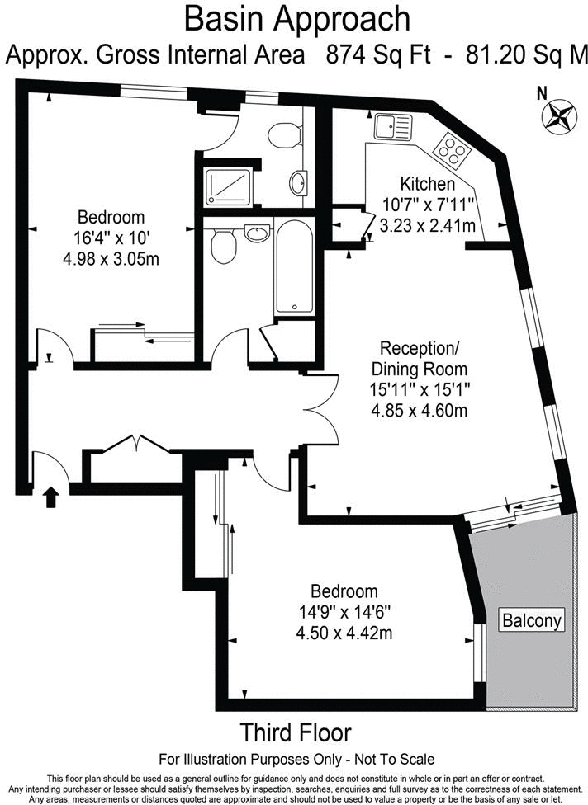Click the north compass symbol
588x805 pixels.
559,115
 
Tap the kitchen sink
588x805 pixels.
392,127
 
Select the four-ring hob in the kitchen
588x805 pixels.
452,148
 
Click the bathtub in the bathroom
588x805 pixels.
294,267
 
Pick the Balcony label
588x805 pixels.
533,620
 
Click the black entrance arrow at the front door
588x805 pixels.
51,497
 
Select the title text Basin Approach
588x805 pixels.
297,18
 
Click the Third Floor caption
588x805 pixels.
295,732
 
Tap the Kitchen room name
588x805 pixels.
427,184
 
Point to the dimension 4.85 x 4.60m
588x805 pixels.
419,409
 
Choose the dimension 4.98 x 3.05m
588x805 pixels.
111,258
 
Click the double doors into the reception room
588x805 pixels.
325,409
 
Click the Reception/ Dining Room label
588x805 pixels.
419,358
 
